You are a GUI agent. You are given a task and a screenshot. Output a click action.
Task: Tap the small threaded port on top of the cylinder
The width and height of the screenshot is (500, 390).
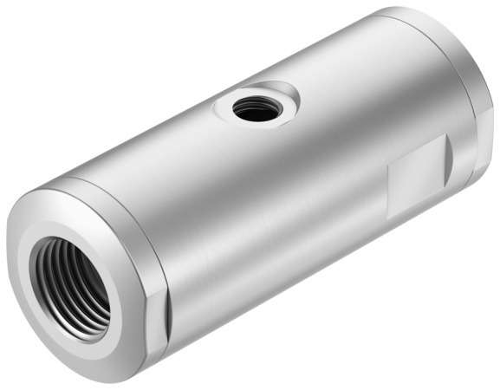(254, 107)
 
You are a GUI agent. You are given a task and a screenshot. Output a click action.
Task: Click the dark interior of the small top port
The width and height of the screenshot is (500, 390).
(254, 110)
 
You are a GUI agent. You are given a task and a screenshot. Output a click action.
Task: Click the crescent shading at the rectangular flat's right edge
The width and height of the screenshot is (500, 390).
(445, 161)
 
